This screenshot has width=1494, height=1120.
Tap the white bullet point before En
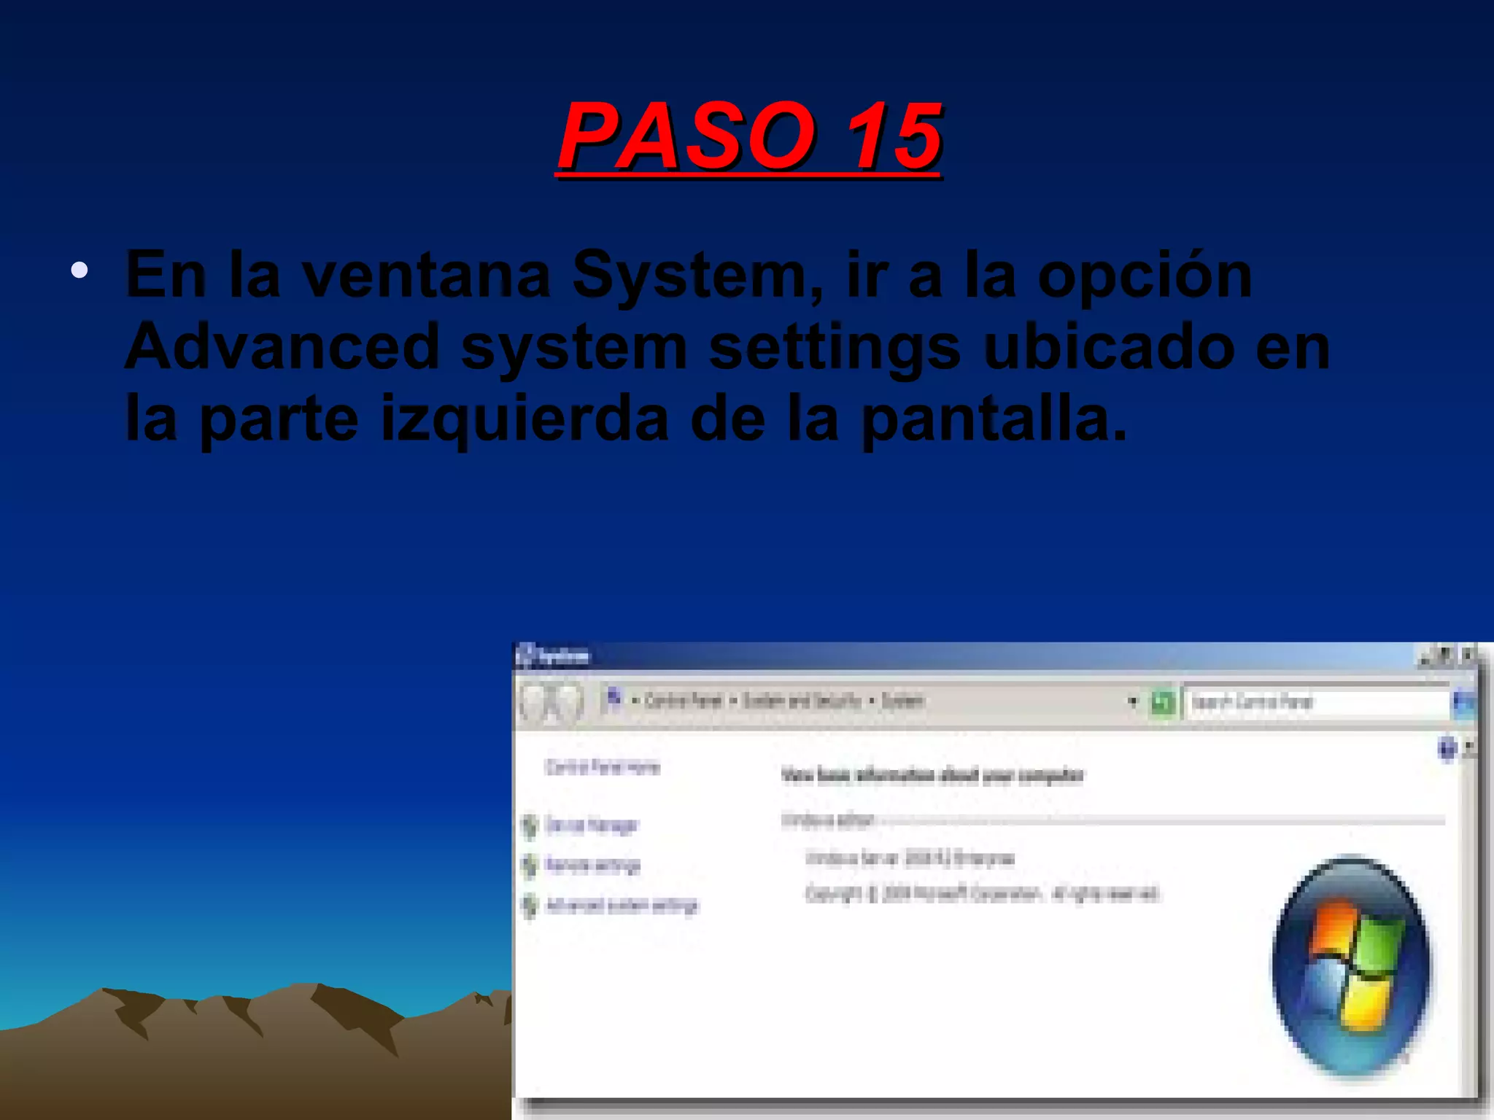click(x=80, y=271)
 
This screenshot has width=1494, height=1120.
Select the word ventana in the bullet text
click(x=426, y=276)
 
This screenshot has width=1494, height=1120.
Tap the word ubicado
click(x=1109, y=347)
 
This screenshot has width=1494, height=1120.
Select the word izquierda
click(x=525, y=420)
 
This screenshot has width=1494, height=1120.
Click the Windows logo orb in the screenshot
click(x=1352, y=965)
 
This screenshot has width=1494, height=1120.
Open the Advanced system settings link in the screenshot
click(x=622, y=906)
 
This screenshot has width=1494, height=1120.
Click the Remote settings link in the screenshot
click(x=592, y=866)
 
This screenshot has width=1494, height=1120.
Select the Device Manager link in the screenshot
click(x=591, y=825)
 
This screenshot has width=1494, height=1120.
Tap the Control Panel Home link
click(x=603, y=767)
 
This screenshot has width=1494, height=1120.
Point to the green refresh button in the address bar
click(x=1162, y=703)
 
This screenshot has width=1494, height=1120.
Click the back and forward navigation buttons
click(x=551, y=702)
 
